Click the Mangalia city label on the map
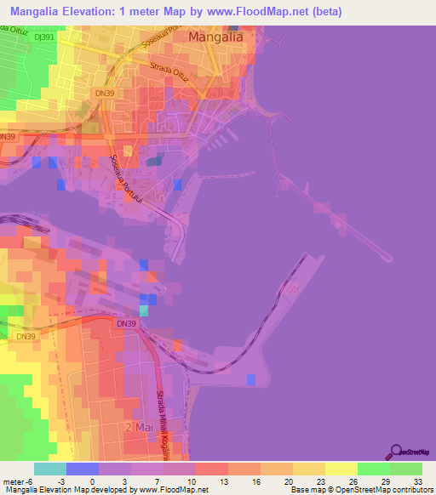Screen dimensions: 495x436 coord(215,37)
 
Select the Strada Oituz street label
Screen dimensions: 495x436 coord(174,72)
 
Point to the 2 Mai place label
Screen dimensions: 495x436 coord(141,426)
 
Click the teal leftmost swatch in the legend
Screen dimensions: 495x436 coord(50,469)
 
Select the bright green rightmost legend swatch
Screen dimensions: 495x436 coord(406,469)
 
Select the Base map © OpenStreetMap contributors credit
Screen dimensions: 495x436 coord(361,490)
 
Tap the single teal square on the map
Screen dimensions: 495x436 coord(144,310)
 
